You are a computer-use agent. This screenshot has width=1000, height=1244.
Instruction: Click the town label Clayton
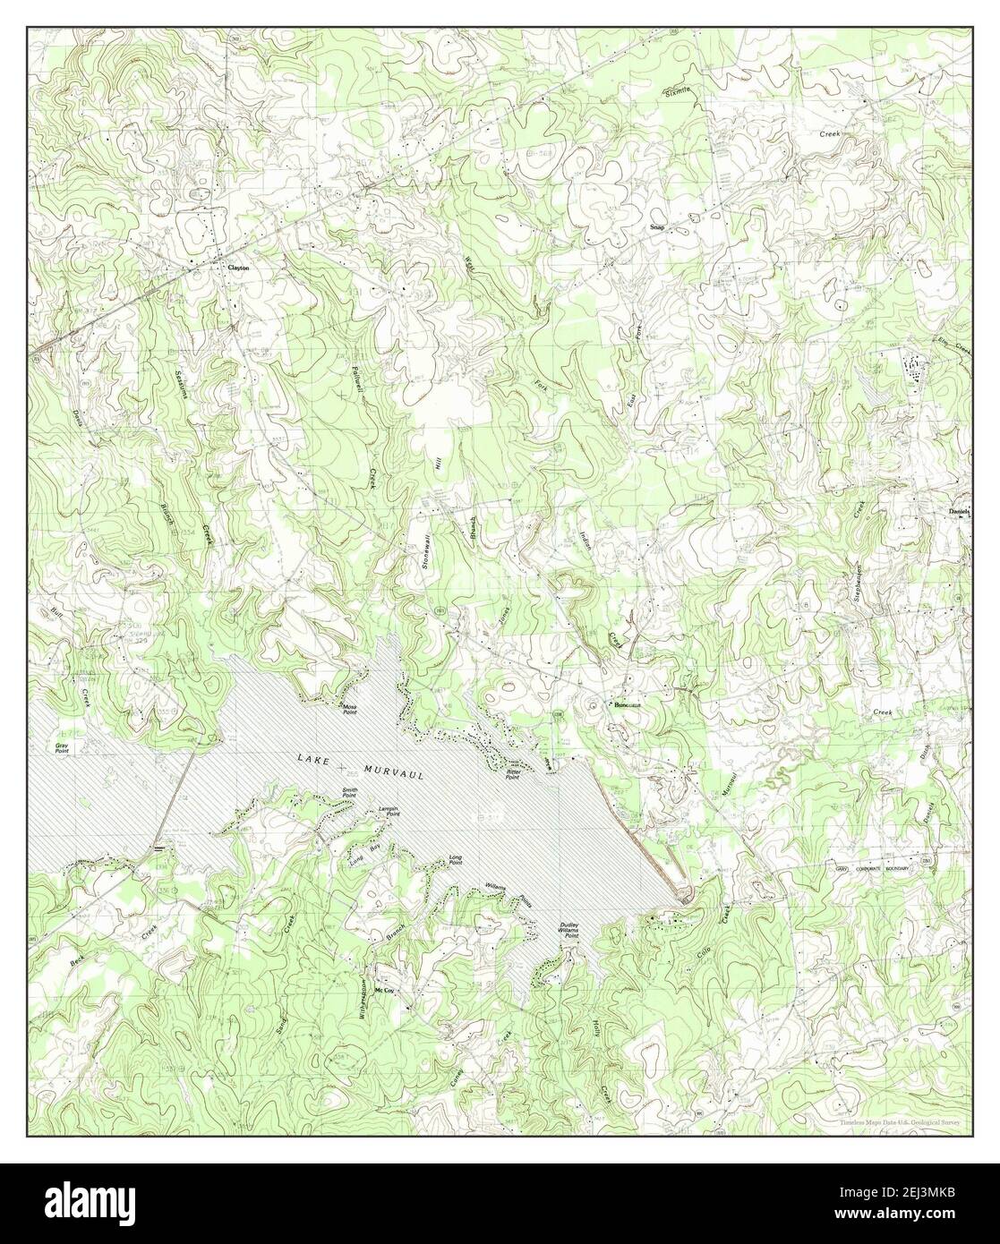[x=238, y=268]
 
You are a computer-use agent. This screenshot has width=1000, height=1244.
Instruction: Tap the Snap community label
[x=657, y=228]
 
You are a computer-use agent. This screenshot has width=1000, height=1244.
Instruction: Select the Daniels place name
[x=959, y=512]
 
